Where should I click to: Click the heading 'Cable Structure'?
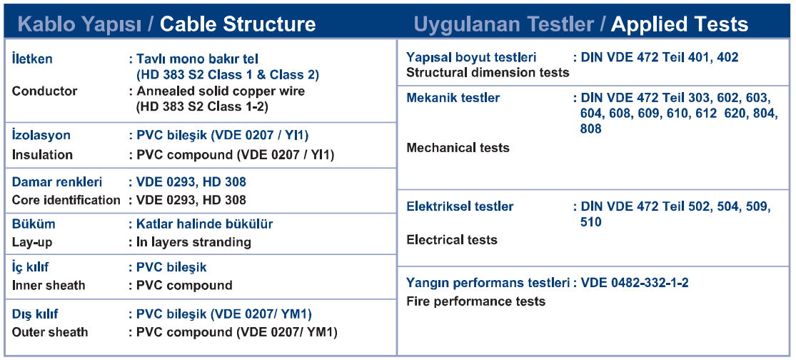pos(238,24)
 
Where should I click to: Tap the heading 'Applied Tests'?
pos(679,24)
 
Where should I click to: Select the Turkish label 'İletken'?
pos(32,59)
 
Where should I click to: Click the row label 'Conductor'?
pos(45,91)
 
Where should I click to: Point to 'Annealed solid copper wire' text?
pos(221,91)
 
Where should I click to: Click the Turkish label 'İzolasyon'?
pos(41,136)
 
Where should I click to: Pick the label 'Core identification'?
pos(66,200)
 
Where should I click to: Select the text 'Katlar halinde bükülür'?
pos(205,224)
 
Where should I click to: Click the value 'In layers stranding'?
pos(194,242)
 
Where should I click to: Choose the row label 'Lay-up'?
pos(32,243)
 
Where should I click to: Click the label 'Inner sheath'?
pos(49,286)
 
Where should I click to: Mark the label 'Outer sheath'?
pos(50,332)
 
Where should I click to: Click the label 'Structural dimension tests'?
pos(488,73)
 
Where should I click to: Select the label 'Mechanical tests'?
pos(458,148)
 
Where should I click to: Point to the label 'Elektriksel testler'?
pos(460,206)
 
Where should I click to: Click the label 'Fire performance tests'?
pos(476,301)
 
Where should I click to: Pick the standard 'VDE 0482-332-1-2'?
pos(635,283)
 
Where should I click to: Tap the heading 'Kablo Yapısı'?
pos(79,24)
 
